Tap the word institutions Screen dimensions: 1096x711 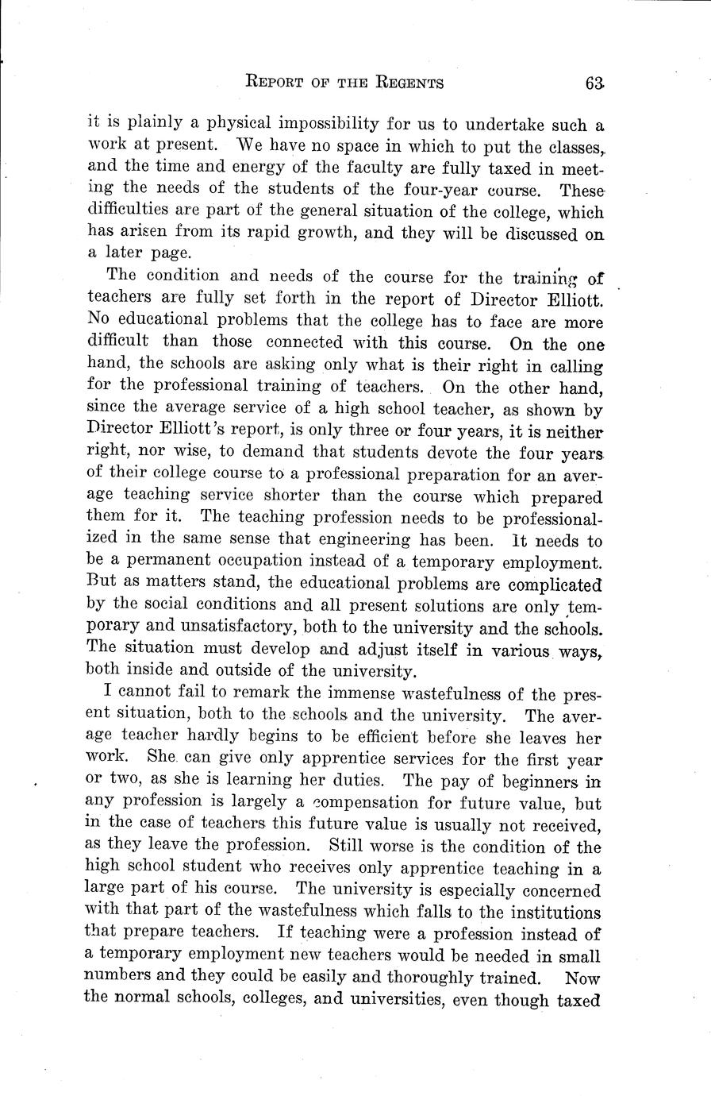pos(548,912)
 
